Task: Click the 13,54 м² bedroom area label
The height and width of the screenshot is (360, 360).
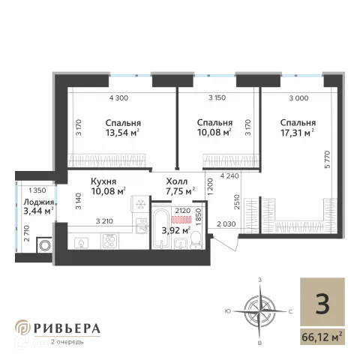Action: click(122, 133)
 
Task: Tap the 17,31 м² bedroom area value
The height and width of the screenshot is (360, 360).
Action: click(297, 133)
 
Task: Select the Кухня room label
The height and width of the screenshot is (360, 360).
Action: click(103, 181)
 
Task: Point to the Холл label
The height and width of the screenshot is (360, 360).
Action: click(177, 181)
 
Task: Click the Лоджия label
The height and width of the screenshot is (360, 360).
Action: click(39, 202)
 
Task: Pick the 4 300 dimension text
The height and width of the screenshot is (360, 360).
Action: click(118, 98)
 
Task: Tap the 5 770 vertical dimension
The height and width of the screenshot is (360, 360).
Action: click(327, 160)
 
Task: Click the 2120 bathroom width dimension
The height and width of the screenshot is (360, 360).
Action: click(183, 211)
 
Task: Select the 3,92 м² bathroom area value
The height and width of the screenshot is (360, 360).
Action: click(176, 230)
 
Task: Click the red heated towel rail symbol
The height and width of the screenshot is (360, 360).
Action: click(181, 220)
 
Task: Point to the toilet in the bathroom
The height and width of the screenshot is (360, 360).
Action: click(196, 240)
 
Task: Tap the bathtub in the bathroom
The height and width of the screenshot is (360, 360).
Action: click(160, 229)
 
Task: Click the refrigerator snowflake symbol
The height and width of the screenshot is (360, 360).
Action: click(141, 205)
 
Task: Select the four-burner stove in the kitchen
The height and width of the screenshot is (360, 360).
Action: click(109, 241)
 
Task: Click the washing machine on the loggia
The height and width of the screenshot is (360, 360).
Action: click(45, 244)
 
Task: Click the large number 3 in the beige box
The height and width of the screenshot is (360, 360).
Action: click(322, 304)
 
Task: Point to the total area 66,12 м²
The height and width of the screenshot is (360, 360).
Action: click(322, 337)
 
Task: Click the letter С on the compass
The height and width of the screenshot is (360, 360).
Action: click(290, 312)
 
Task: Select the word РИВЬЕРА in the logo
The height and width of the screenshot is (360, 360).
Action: click(67, 328)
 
